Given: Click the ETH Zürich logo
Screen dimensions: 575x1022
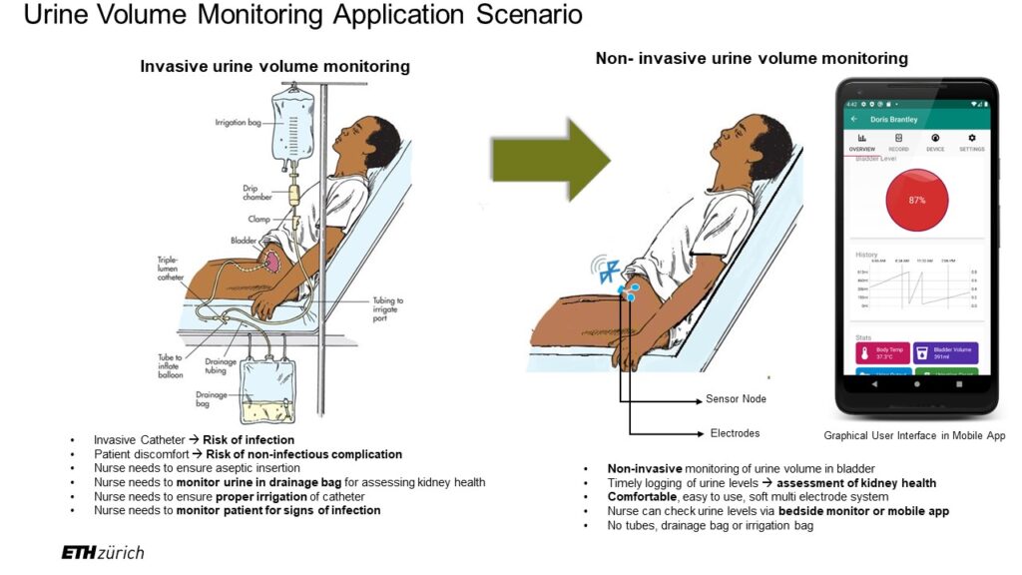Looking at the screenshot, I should pos(102,552).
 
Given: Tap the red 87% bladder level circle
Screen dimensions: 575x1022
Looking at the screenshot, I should pos(916,200).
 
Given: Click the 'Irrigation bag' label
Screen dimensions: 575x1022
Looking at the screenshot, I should pos(240,123).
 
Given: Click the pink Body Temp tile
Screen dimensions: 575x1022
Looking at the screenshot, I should pos(881,352).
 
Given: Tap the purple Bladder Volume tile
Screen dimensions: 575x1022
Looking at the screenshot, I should pos(944,352).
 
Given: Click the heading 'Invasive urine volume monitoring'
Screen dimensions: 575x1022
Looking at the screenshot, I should pos(274,67).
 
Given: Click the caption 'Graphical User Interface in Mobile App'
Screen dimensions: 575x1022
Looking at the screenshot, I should pos(914,436).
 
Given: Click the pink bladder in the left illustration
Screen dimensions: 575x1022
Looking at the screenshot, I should pos(272,262).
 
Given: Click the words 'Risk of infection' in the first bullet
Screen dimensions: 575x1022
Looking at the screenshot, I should pos(249,440).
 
